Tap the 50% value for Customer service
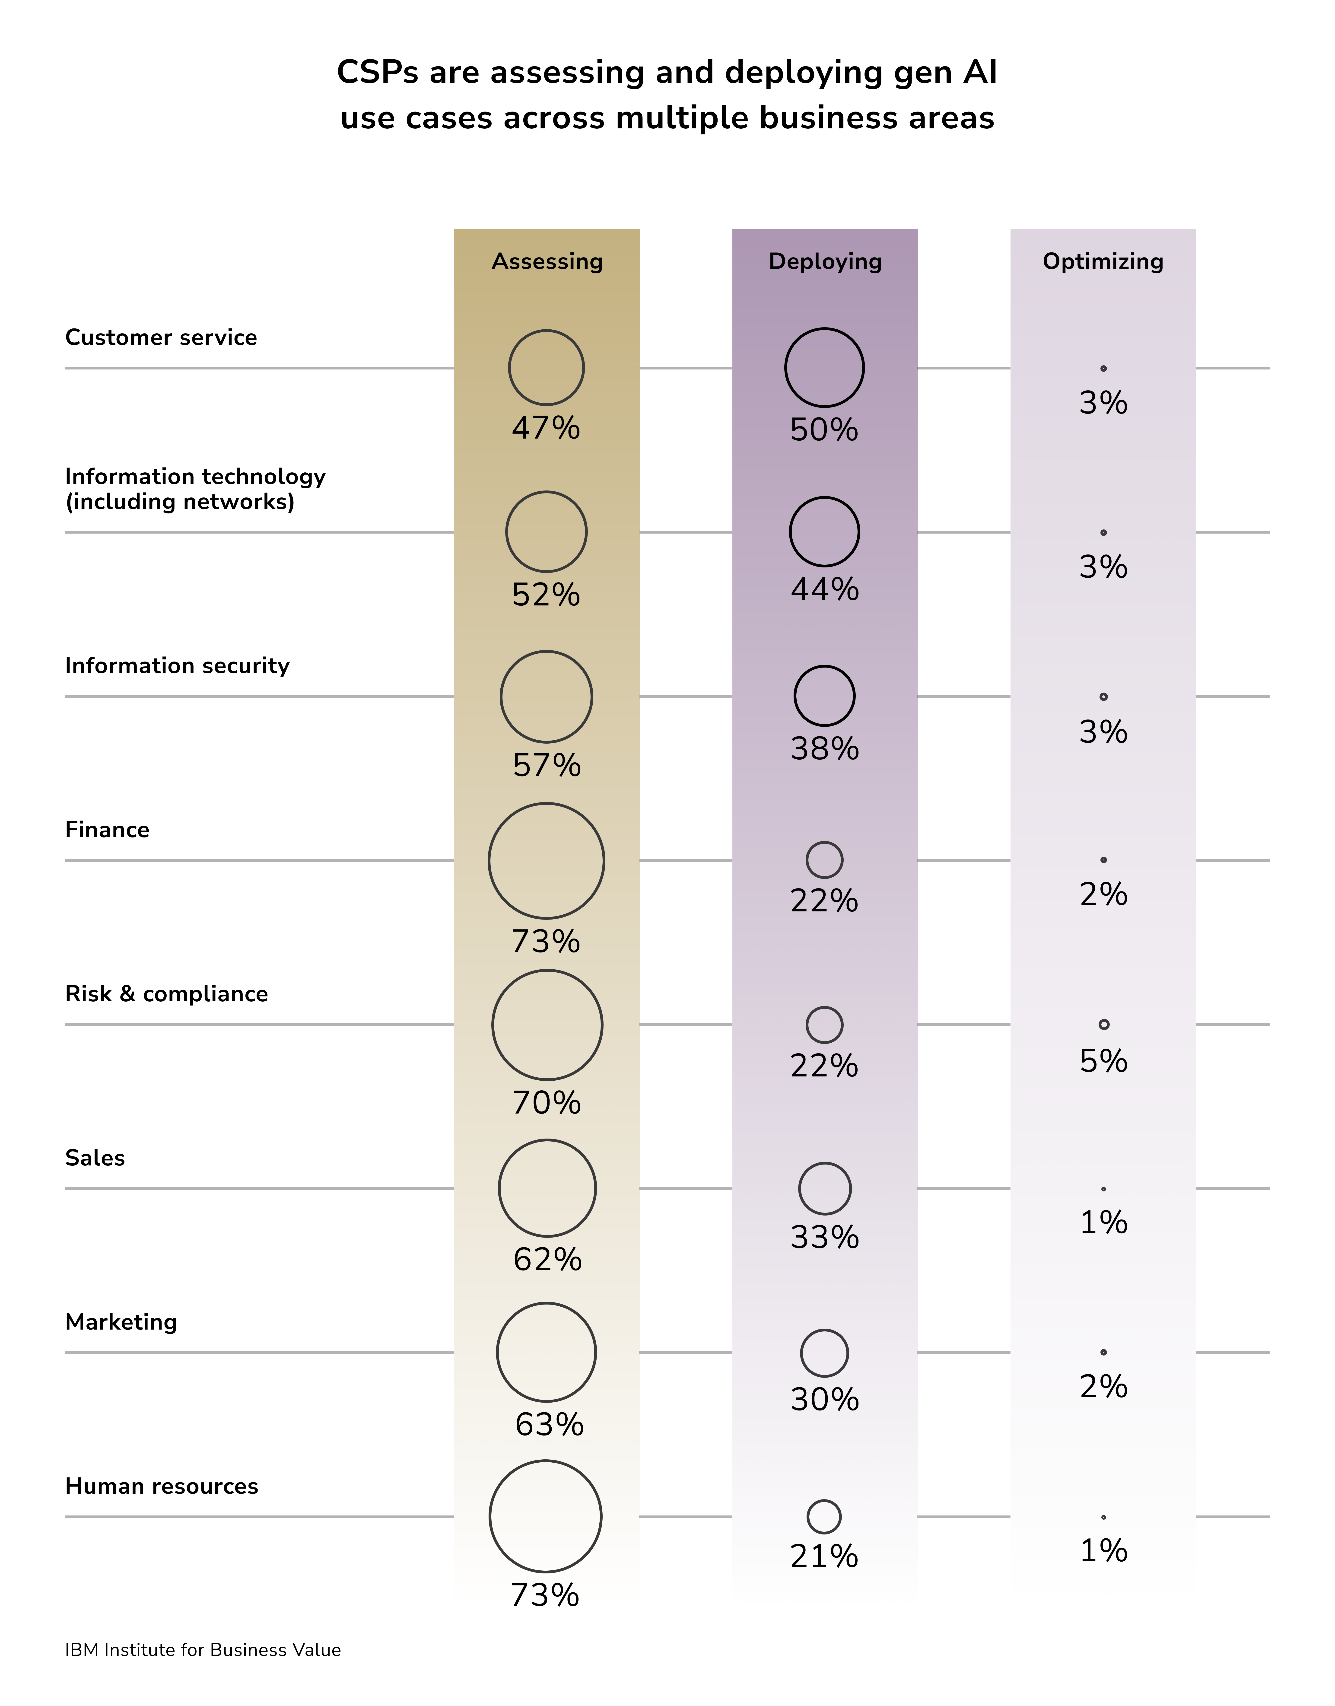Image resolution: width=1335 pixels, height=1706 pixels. coord(824,430)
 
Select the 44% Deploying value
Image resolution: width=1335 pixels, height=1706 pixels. coord(825,589)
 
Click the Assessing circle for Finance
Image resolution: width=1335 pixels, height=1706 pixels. coord(546,860)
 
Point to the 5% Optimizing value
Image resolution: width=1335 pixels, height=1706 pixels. coord(1103,1061)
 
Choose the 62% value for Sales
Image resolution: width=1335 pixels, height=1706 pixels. coord(547,1260)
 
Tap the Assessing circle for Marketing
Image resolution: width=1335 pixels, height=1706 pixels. coord(546,1352)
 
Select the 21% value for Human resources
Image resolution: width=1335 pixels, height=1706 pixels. coord(824,1557)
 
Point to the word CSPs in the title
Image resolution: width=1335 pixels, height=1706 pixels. coord(378,73)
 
